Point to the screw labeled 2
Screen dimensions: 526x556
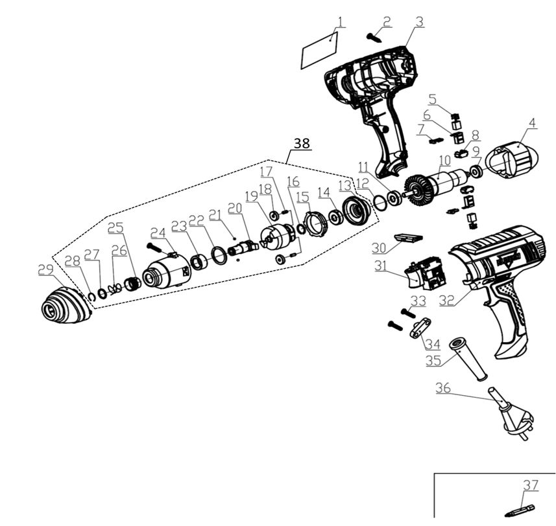(374, 36)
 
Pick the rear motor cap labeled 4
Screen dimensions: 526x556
(513, 159)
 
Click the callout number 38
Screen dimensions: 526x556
(302, 143)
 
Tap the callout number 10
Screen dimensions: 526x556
(444, 160)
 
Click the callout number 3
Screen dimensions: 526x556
(420, 21)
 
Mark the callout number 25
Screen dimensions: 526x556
(115, 228)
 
